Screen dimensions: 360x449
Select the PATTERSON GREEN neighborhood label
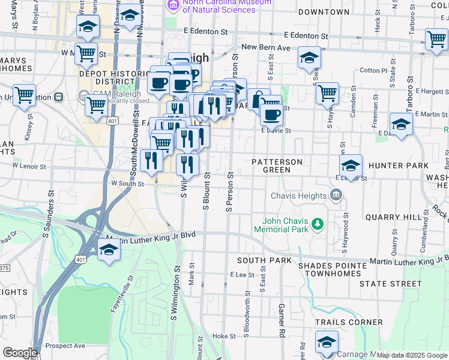pyautogui.click(x=277, y=166)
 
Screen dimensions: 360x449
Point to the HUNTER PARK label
pyautogui.click(x=399, y=166)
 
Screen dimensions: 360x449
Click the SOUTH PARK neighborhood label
pyautogui.click(x=264, y=260)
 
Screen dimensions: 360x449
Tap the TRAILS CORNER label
pyautogui.click(x=349, y=322)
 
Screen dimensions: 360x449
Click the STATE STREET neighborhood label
pyautogui.click(x=391, y=283)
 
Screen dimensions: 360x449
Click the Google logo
pyautogui.click(x=20, y=353)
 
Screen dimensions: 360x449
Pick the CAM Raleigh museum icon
pyautogui.click(x=83, y=95)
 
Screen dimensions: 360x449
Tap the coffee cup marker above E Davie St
pyautogui.click(x=271, y=114)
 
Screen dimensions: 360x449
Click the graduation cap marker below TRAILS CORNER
pyautogui.click(x=327, y=342)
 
